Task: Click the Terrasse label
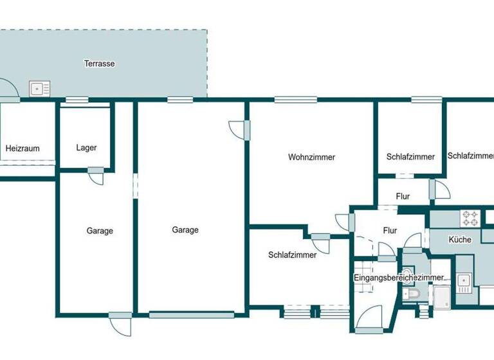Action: (x=99, y=64)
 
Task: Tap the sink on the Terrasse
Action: (x=39, y=88)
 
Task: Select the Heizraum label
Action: (x=23, y=148)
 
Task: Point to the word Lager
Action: (x=86, y=148)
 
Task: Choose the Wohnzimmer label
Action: (x=311, y=157)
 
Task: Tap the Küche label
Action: (x=461, y=240)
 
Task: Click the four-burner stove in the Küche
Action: (x=470, y=218)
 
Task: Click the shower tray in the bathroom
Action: (x=443, y=296)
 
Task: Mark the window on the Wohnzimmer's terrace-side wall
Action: (x=295, y=99)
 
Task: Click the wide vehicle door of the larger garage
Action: (x=192, y=315)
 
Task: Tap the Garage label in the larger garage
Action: (x=185, y=230)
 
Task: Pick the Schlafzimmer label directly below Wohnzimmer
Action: (x=292, y=255)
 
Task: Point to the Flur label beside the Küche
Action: (x=390, y=230)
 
